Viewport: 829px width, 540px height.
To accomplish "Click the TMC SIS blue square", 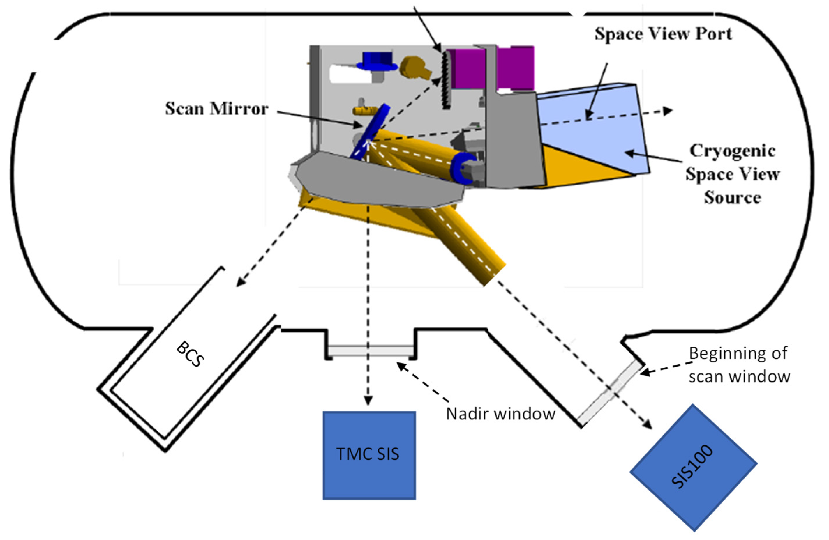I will point(369,455).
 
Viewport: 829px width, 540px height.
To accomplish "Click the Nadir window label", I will point(500,414).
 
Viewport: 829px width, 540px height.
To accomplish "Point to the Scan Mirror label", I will point(216,109).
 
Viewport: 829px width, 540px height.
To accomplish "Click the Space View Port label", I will point(663,34).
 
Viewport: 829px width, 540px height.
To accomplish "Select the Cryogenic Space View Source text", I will point(732,174).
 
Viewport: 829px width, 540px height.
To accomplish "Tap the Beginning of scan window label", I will point(738,364).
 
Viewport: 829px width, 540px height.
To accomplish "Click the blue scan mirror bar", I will point(370,132).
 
